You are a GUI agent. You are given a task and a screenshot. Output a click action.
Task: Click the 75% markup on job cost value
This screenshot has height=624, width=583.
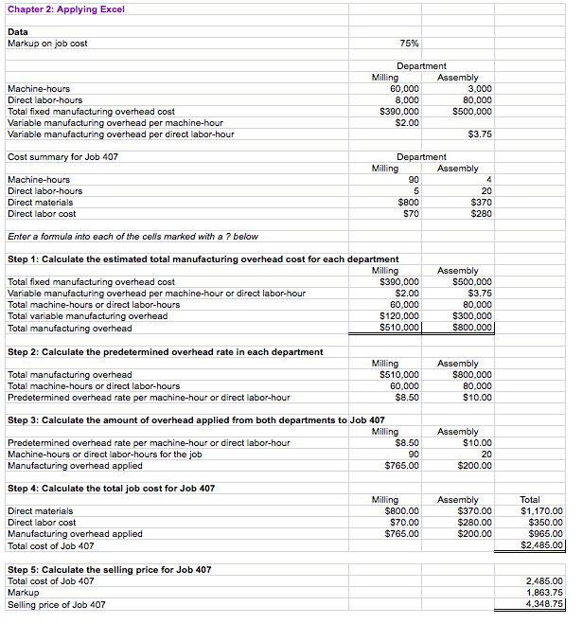pos(410,44)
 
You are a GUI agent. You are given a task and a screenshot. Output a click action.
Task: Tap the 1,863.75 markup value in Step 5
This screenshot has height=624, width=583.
pos(544,593)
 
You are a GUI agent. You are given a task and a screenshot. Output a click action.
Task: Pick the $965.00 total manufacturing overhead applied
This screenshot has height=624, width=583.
pos(544,534)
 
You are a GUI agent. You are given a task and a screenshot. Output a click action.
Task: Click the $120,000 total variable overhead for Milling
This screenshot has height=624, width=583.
pos(398,316)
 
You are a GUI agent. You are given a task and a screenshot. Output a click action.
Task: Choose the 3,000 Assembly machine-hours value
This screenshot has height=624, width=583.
pos(480,89)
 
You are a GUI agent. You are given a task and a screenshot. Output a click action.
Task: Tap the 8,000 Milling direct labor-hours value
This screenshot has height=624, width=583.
pos(406,100)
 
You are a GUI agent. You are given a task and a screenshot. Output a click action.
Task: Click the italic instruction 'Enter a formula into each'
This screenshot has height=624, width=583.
pos(132,236)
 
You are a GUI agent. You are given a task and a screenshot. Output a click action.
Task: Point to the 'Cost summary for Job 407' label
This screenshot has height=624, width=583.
pos(62,157)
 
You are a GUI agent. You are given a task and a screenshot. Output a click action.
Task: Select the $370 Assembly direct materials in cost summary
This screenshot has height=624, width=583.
pos(481,203)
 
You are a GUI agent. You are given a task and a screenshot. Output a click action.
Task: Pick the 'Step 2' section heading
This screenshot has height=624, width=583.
pos(165,351)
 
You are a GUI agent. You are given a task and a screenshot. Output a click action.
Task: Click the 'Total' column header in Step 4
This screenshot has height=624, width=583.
pos(532,500)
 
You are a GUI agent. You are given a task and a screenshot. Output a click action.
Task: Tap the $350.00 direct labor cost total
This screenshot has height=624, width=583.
pos(544,523)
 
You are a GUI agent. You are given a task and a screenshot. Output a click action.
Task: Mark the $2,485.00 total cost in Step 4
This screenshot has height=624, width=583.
pos(542,545)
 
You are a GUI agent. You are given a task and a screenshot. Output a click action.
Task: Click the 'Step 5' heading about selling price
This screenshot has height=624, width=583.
pos(109,569)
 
